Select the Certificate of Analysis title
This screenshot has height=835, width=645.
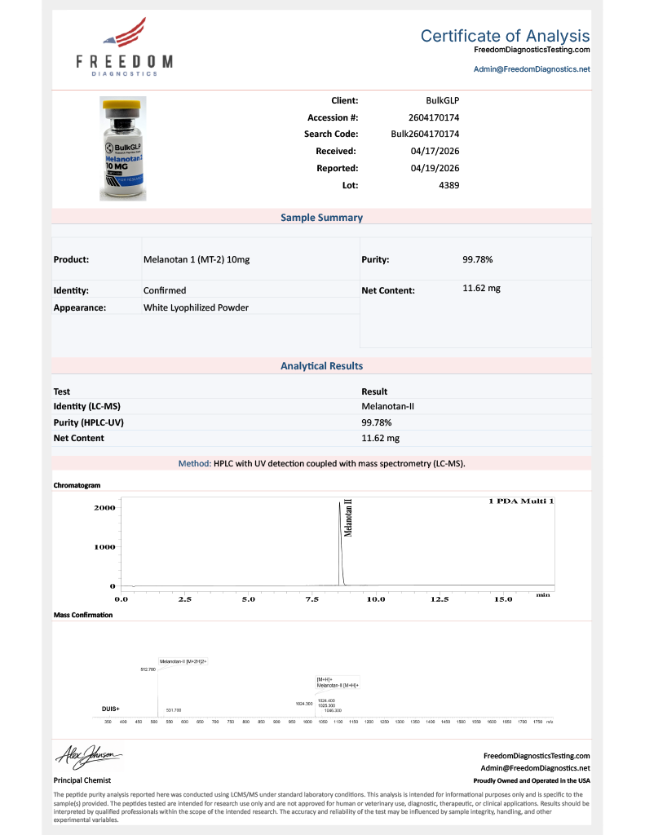pyautogui.click(x=505, y=36)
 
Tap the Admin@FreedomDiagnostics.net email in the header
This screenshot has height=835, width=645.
pyautogui.click(x=532, y=69)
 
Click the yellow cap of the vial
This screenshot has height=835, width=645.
pyautogui.click(x=123, y=105)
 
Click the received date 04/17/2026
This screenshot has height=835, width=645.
pyautogui.click(x=436, y=151)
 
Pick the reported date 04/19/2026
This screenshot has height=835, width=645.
pyautogui.click(x=436, y=168)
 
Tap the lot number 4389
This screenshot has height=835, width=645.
pyautogui.click(x=449, y=185)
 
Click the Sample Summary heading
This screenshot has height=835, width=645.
pyautogui.click(x=322, y=218)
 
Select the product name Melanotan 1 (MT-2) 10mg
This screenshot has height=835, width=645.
pyautogui.click(x=197, y=259)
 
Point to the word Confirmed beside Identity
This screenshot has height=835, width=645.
pyautogui.click(x=165, y=290)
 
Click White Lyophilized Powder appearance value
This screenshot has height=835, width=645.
pyautogui.click(x=196, y=307)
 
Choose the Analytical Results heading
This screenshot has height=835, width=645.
pyautogui.click(x=322, y=366)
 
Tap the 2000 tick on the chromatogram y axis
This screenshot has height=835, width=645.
pyautogui.click(x=106, y=507)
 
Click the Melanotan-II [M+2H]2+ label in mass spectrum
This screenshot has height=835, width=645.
pyautogui.click(x=183, y=661)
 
